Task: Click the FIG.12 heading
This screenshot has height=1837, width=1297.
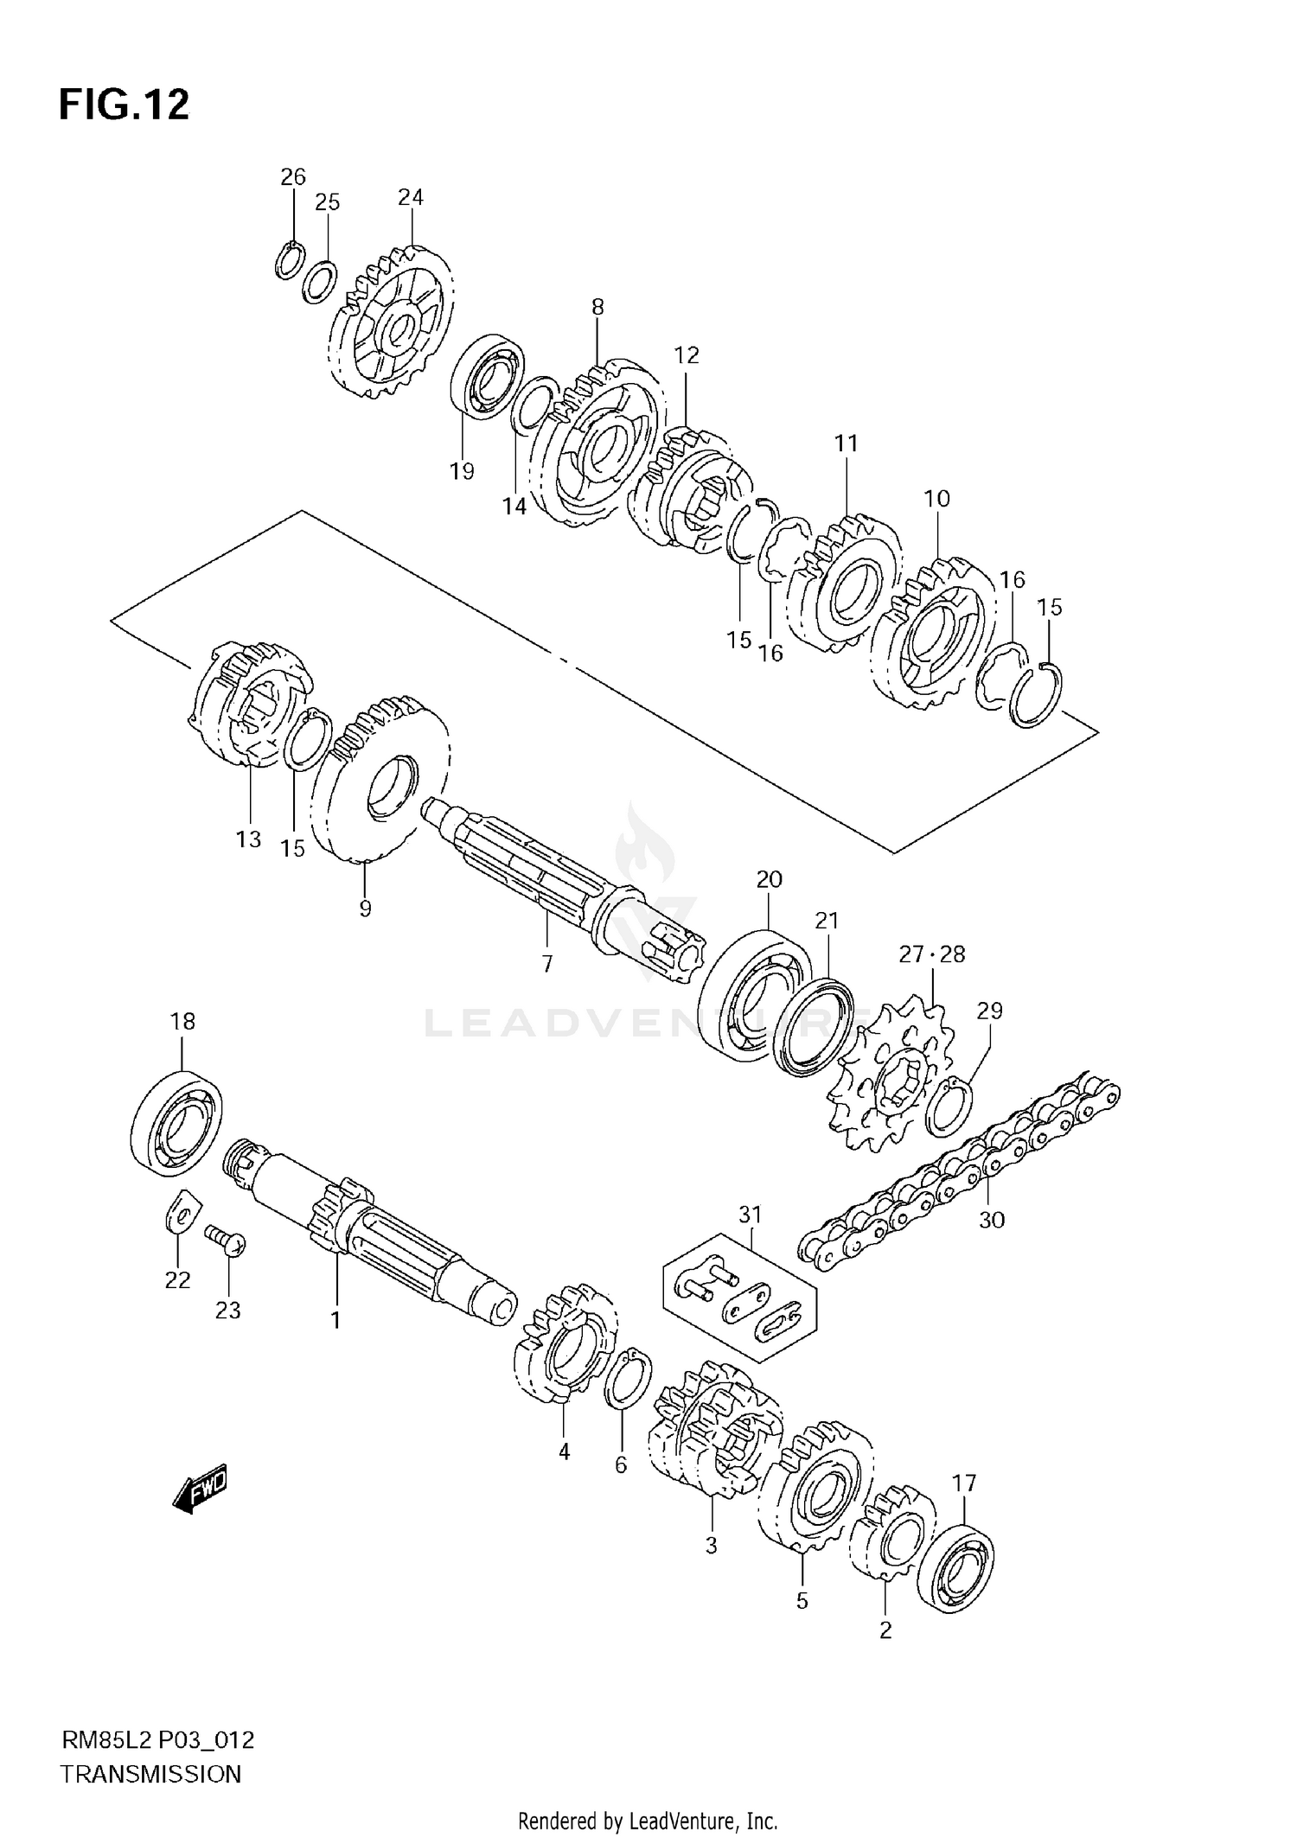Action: [x=124, y=105]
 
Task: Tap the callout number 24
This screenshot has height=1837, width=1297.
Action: [x=410, y=197]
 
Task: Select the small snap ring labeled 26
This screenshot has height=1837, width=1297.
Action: [x=290, y=260]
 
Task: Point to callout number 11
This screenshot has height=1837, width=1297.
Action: [x=846, y=443]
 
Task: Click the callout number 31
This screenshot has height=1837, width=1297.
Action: [x=750, y=1215]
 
